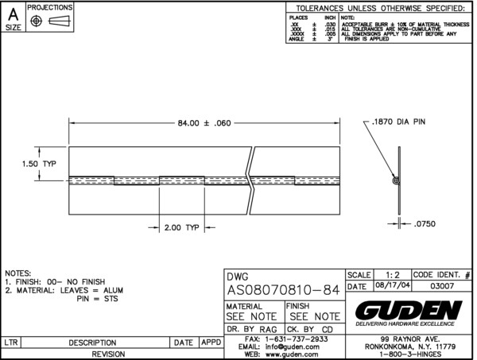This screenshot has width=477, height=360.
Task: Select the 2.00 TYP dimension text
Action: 180,227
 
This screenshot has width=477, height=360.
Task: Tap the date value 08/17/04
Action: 386,286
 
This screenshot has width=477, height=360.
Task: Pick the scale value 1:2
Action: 391,273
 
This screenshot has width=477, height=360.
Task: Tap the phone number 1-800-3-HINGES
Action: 409,354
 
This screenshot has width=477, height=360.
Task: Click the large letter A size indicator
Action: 13,12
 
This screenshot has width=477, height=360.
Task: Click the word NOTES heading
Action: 18,273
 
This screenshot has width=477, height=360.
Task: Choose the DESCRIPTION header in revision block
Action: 93,343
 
